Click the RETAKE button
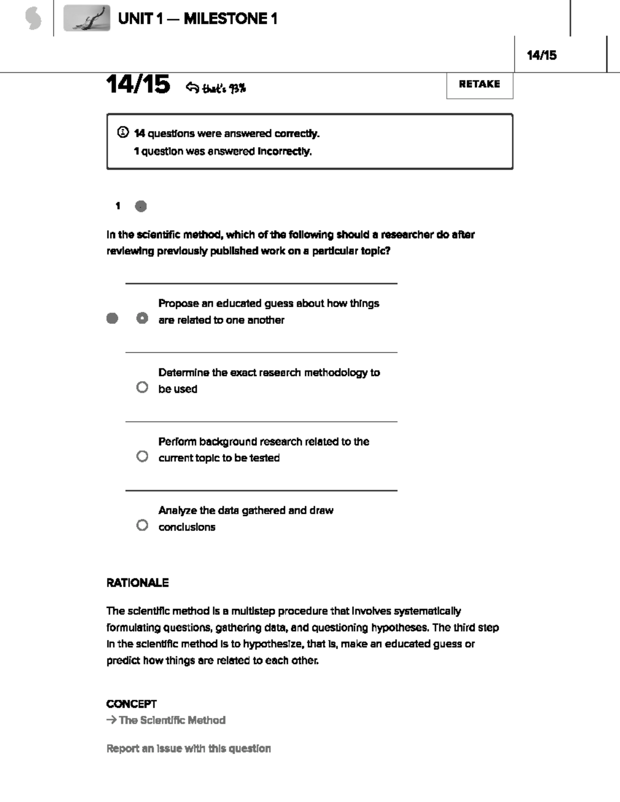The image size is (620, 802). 479,85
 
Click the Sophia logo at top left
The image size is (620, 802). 33,19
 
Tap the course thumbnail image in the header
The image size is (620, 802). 87,19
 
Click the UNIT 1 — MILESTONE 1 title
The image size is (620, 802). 197,19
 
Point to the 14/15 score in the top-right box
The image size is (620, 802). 541,55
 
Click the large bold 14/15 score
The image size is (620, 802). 138,84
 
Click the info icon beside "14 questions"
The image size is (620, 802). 122,133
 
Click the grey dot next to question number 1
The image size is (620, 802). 141,206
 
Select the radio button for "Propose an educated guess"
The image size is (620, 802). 142,318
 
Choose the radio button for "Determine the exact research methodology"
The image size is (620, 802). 142,387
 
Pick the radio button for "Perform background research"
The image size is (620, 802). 142,457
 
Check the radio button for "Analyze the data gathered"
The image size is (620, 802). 142,525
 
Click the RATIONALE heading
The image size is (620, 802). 137,583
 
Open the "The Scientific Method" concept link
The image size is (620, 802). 172,720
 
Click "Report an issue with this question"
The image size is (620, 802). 189,748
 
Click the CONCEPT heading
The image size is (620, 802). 131,704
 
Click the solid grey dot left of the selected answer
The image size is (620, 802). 112,318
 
